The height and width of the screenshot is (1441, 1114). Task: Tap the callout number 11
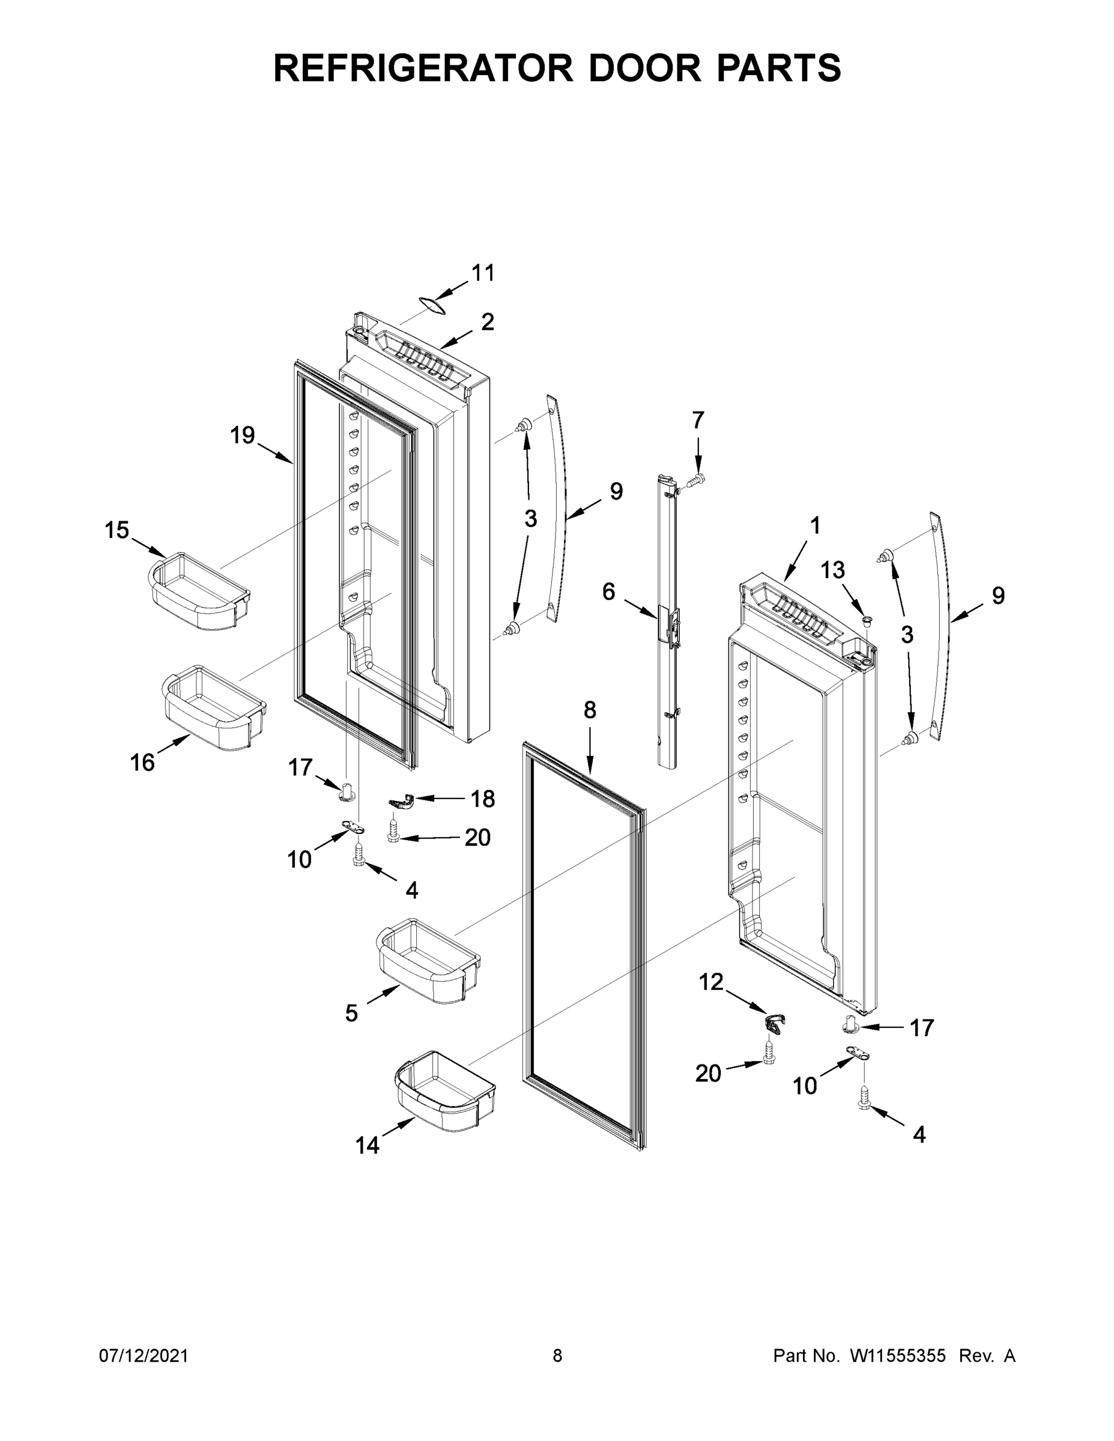coord(482,273)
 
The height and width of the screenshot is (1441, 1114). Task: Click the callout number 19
coord(242,435)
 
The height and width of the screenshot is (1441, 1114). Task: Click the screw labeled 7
coord(696,480)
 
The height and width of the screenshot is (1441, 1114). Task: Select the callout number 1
coord(815,526)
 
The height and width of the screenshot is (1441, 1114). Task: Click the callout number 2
coord(487,322)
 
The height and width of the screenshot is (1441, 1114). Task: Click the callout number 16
coord(142,763)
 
